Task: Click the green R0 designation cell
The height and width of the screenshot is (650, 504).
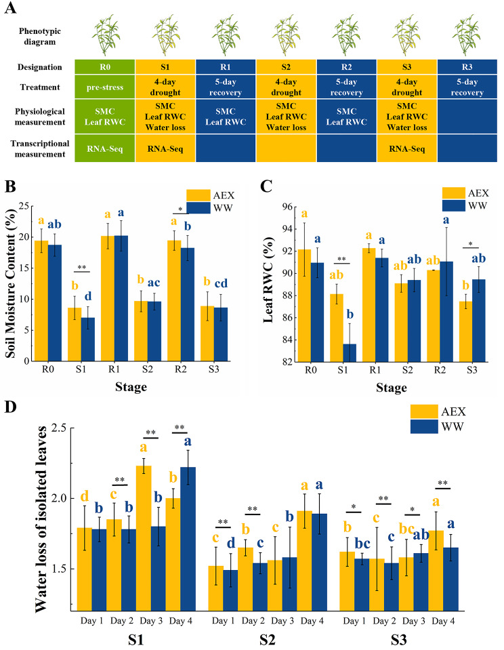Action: click(x=105, y=66)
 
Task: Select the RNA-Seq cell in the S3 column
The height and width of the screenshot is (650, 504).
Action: click(x=406, y=148)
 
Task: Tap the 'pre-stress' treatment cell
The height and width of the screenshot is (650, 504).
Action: click(x=105, y=87)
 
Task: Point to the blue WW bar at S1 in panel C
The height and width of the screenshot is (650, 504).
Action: click(x=350, y=352)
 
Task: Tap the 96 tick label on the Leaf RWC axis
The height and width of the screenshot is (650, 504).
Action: click(x=287, y=207)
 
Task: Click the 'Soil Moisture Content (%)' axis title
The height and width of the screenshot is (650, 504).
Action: click(x=11, y=283)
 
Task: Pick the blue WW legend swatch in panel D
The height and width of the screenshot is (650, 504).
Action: click(x=424, y=426)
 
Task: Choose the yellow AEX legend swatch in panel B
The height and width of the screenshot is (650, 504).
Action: click(x=198, y=195)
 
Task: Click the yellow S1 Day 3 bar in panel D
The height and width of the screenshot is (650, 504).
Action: click(x=144, y=538)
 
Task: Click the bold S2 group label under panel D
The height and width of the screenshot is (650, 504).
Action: click(x=268, y=640)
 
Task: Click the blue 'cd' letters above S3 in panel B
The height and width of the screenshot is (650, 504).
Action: click(x=221, y=283)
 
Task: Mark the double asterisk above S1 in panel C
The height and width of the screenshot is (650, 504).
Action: click(x=341, y=260)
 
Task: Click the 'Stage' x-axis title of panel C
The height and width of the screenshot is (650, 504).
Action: click(x=392, y=388)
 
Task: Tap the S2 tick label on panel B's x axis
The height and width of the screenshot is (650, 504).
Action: click(x=147, y=369)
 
